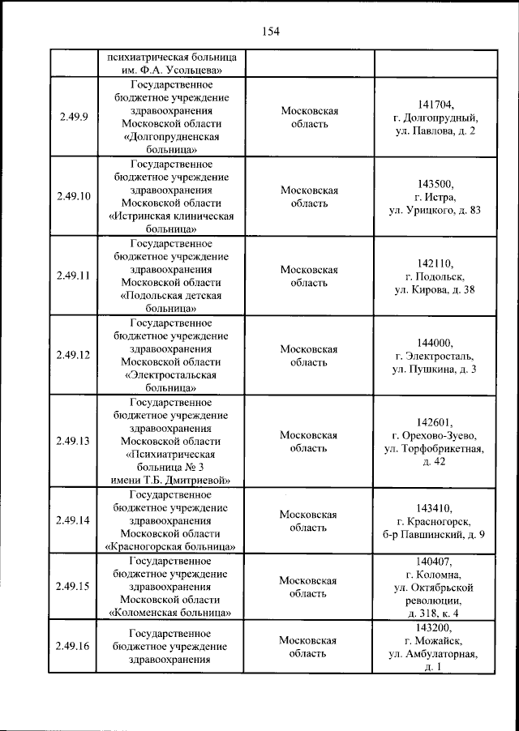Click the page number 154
[270, 32]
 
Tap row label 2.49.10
[73, 197]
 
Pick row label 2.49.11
[73, 276]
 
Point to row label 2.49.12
[73, 355]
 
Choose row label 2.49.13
[73, 441]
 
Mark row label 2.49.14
[73, 520]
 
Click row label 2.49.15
[73, 585]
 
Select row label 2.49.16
[73, 646]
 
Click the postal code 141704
[435, 105]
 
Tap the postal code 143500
[435, 183]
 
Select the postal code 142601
[435, 421]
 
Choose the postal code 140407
[435, 561]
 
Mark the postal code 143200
[435, 627]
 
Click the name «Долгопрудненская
[171, 138]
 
